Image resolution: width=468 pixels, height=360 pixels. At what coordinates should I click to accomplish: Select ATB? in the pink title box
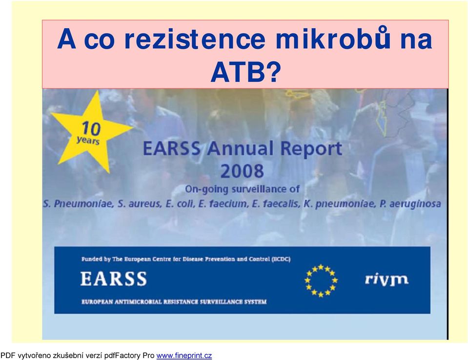click(x=245, y=72)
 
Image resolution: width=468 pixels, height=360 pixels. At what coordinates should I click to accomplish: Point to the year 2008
click(x=242, y=171)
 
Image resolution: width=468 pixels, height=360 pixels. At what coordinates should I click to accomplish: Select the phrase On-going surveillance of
click(x=242, y=189)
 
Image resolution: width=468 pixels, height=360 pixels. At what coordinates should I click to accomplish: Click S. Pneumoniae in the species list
click(x=78, y=204)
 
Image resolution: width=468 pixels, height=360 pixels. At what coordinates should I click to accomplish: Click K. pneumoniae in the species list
click(x=339, y=204)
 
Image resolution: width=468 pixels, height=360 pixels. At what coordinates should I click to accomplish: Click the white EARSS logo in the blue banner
click(x=113, y=279)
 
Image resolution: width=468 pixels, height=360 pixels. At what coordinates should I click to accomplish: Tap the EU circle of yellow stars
click(x=321, y=280)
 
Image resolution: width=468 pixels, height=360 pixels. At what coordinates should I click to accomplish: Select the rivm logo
click(x=387, y=280)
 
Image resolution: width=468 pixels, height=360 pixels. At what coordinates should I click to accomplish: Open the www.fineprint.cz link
click(x=184, y=356)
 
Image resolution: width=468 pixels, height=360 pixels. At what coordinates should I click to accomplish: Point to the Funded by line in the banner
click(x=186, y=259)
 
